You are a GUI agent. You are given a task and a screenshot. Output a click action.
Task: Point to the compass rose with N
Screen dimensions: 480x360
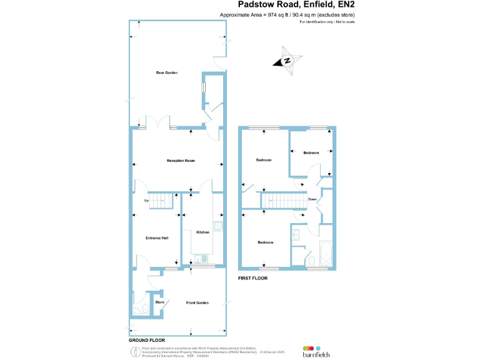[x=287, y=61]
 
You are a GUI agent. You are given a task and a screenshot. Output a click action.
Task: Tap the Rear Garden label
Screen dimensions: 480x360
[x=167, y=73]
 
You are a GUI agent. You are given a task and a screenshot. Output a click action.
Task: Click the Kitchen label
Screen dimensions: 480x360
[x=202, y=232]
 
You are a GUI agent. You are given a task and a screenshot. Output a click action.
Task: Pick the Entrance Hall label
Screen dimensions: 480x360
[x=157, y=238]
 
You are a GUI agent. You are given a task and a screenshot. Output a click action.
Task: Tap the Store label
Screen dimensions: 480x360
[x=159, y=302]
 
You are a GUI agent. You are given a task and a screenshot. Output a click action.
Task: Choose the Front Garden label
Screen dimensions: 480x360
[x=197, y=302]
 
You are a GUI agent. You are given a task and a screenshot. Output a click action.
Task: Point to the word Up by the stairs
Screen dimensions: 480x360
[x=146, y=201]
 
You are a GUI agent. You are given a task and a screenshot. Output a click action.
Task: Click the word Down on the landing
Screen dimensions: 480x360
[x=313, y=199]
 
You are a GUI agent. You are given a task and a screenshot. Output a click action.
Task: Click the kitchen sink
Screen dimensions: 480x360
[x=218, y=226]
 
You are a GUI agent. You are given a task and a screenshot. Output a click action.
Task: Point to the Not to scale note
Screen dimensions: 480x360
[x=327, y=22]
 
